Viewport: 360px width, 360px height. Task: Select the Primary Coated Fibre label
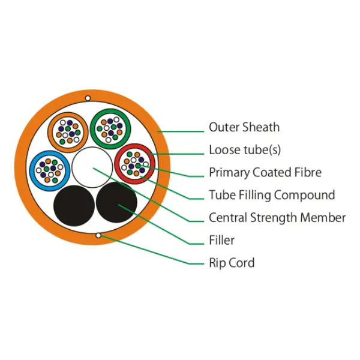coord(265,173)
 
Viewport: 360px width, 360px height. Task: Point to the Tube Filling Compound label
coord(271,195)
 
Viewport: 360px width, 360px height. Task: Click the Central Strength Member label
coord(277,217)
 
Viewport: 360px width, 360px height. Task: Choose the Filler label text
coord(221,240)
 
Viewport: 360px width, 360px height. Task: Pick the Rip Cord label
coord(231,263)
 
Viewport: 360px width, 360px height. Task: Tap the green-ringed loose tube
coord(110,127)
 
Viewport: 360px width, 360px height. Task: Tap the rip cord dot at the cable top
coord(88,98)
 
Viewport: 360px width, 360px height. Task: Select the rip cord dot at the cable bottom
coord(97,235)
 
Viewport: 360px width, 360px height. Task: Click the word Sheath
coord(261,127)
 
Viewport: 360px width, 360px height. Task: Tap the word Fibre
coord(308,173)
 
